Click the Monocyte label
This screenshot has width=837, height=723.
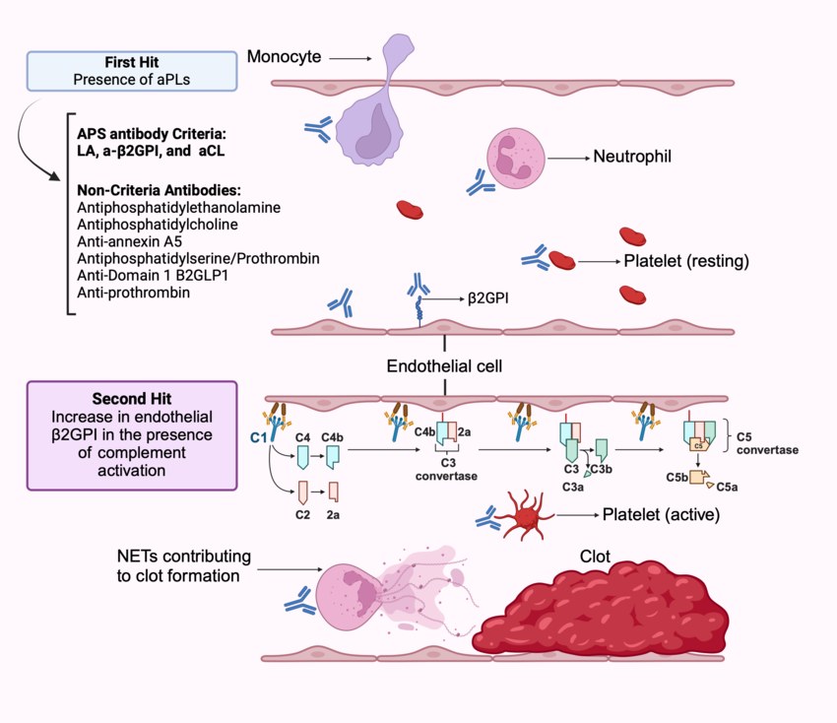click(284, 57)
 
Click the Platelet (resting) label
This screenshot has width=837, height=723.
click(686, 262)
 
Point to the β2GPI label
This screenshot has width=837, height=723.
click(489, 296)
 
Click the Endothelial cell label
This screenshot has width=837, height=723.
click(445, 366)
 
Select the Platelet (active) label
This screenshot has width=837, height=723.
click(661, 514)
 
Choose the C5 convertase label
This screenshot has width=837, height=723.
click(770, 442)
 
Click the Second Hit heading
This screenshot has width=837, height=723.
click(132, 399)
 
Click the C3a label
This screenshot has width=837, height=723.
click(573, 487)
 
